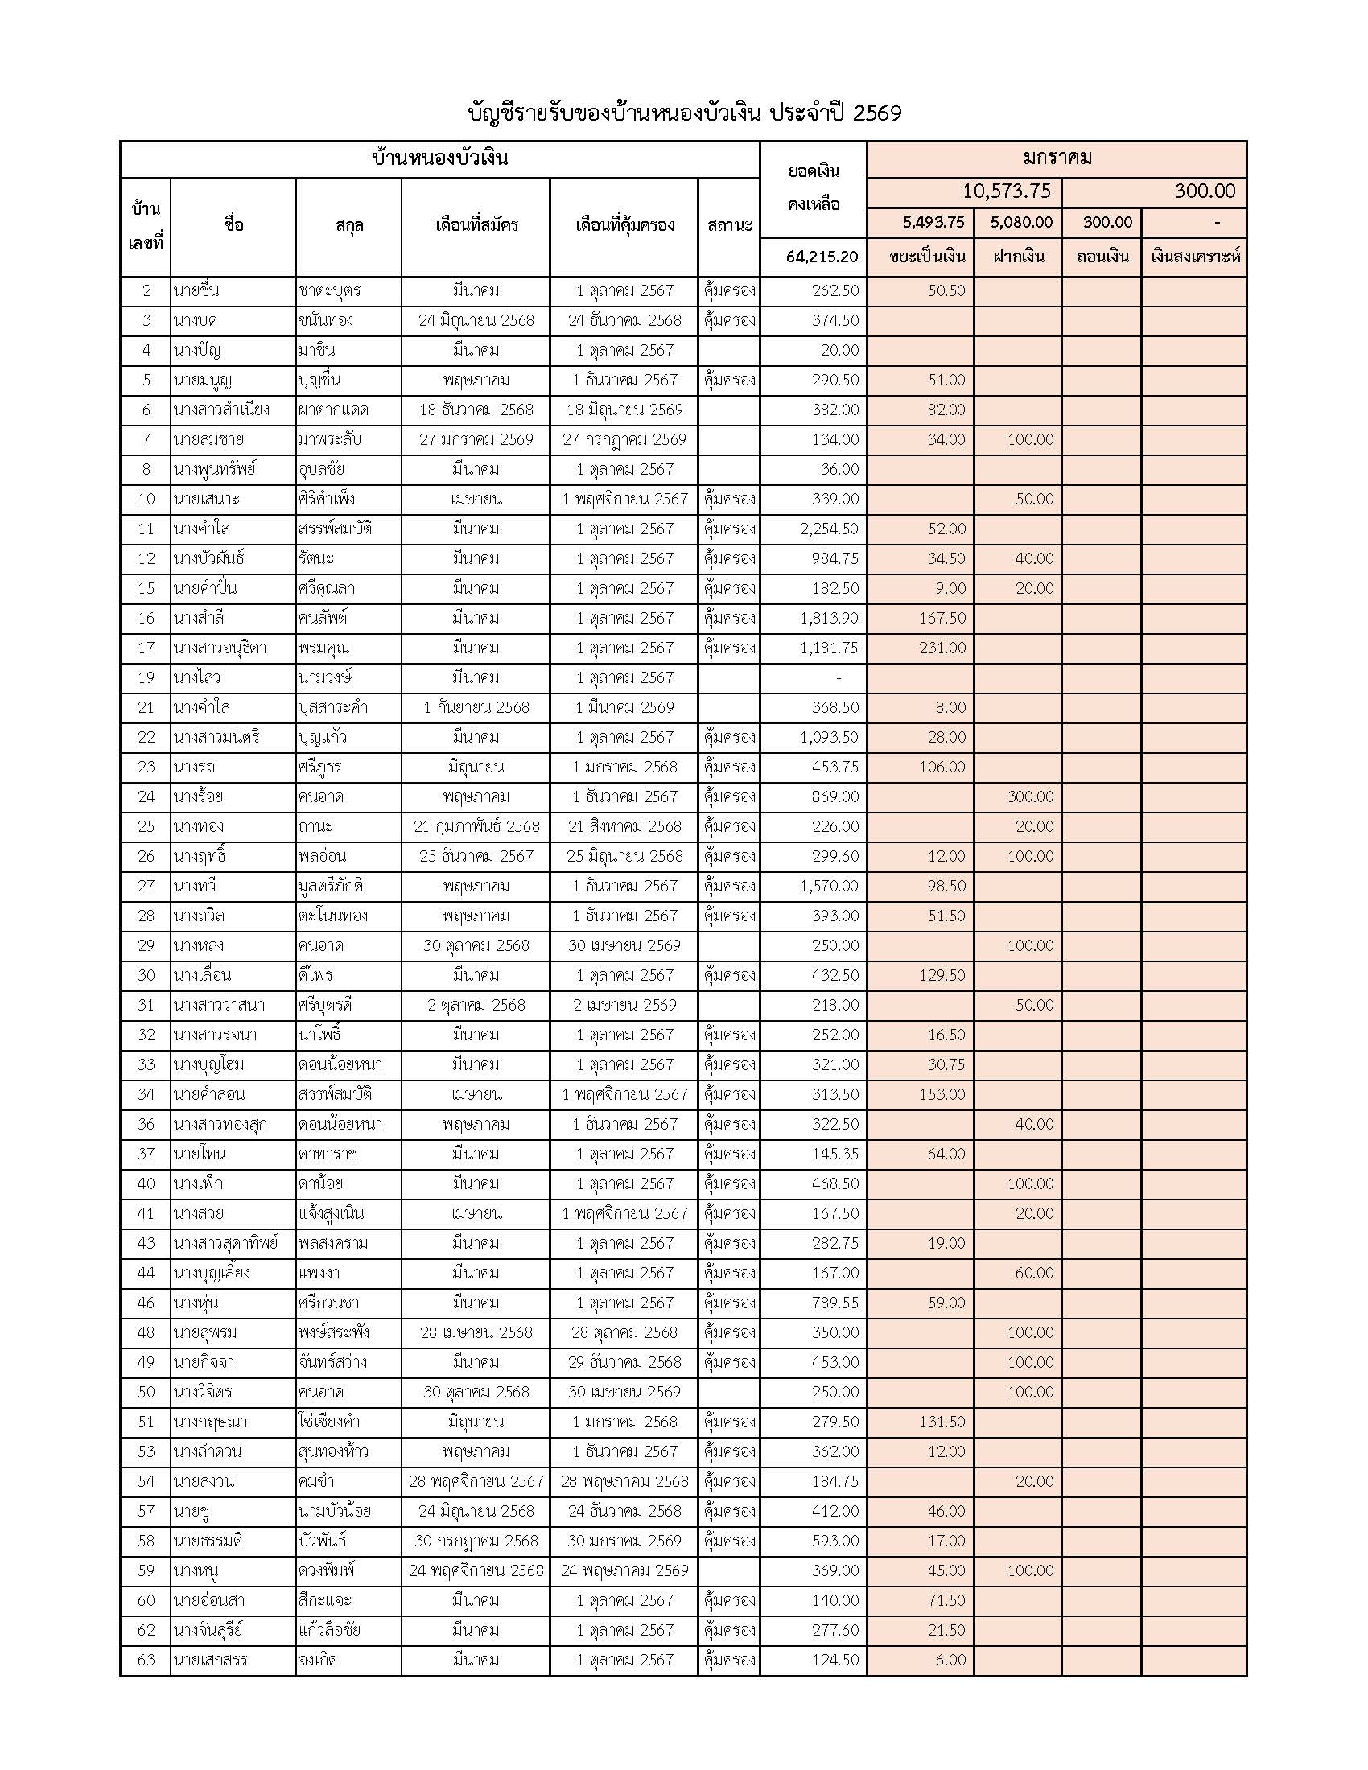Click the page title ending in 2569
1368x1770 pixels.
[685, 113]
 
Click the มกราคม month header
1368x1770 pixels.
[1056, 158]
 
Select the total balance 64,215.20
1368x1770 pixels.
[821, 257]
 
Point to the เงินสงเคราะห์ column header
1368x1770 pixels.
[1194, 257]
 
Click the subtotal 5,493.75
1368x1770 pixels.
[933, 222]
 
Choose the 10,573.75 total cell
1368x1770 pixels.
[1006, 191]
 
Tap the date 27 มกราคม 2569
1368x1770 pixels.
[476, 440]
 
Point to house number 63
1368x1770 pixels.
[146, 1660]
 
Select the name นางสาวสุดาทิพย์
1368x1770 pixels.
[225, 1243]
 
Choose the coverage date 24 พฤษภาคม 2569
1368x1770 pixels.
[624, 1570]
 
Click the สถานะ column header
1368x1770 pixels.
[729, 225]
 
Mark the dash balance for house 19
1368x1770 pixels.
[838, 678]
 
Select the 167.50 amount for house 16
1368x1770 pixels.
[942, 619]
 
